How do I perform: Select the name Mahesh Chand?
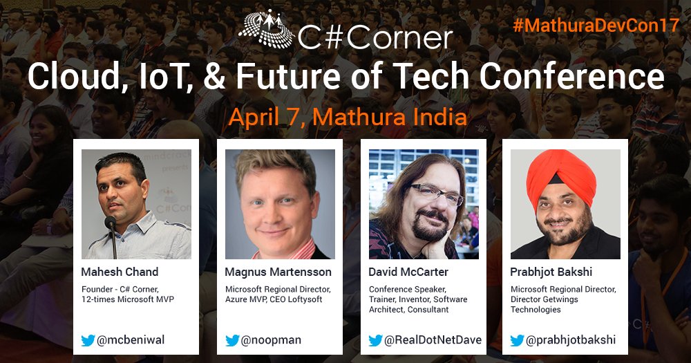[x=120, y=272]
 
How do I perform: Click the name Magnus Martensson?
[x=278, y=272]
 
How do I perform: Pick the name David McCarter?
[x=408, y=272]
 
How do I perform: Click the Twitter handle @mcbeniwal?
[x=131, y=339]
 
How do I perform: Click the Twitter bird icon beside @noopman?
[x=232, y=339]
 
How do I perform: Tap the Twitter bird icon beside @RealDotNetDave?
[x=375, y=339]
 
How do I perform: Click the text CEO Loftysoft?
[x=303, y=299]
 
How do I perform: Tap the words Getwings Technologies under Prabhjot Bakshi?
[x=540, y=304]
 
